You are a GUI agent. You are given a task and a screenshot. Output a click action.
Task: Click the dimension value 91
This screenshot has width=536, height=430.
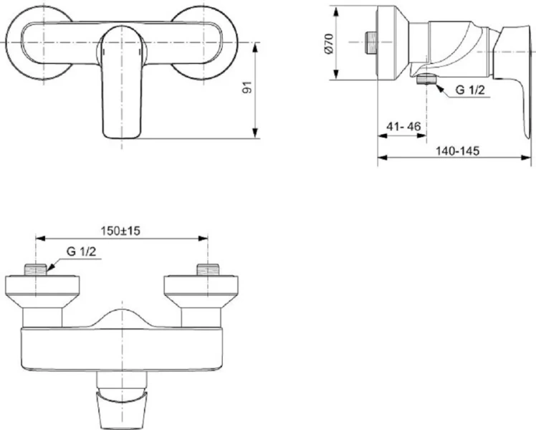[247, 90]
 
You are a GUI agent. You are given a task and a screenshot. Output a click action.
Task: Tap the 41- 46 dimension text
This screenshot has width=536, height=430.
[403, 126]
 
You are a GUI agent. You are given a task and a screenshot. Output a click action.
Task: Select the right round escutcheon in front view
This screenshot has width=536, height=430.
[204, 39]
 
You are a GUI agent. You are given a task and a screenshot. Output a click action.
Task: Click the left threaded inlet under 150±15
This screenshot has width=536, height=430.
[36, 269]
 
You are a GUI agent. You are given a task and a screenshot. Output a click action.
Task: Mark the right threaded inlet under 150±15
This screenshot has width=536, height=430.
[208, 269]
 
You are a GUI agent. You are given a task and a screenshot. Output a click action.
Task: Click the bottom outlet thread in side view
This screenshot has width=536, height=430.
[428, 80]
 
